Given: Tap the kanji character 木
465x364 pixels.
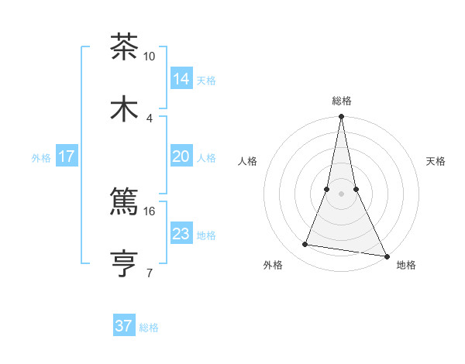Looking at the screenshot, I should click(x=124, y=109).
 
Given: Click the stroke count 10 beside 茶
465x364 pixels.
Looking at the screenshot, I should click(x=150, y=57).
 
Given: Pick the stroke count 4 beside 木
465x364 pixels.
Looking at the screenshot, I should click(x=150, y=118).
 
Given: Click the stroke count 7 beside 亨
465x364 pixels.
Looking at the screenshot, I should click(x=150, y=273).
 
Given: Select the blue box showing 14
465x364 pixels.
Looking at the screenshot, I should click(x=181, y=78).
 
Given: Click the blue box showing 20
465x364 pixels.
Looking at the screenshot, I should click(x=181, y=156).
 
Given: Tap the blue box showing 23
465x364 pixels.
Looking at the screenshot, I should click(x=181, y=234).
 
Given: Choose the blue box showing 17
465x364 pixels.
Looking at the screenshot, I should click(x=67, y=156).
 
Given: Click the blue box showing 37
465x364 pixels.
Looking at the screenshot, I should click(x=124, y=326).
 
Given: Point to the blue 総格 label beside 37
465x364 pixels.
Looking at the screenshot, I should click(x=149, y=328).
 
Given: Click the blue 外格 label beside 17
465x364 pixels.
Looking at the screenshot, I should click(x=41, y=158).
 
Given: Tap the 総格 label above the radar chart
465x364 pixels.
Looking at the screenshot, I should click(x=341, y=101).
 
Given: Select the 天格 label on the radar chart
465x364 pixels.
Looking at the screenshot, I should click(x=436, y=161).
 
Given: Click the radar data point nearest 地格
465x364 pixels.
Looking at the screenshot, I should click(x=386, y=256).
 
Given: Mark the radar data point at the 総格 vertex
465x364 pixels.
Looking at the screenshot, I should click(x=341, y=118).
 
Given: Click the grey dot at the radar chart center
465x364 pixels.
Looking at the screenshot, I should click(x=341, y=194).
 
